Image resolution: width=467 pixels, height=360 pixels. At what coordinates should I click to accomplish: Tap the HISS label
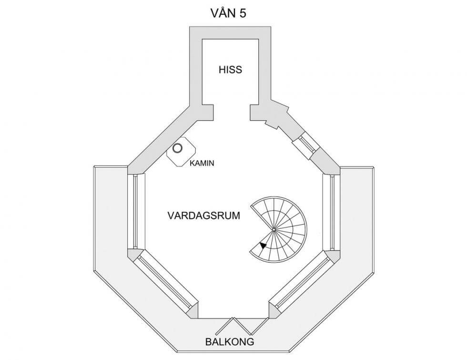[230, 70]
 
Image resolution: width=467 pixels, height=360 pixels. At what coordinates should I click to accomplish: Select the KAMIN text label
[202, 163]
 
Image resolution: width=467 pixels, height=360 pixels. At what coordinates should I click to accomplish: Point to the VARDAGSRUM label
[203, 216]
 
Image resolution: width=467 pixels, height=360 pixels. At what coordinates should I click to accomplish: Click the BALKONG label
[229, 342]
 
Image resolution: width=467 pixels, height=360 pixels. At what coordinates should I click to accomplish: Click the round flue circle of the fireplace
[178, 148]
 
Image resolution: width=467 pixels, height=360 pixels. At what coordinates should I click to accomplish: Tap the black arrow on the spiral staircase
[263, 245]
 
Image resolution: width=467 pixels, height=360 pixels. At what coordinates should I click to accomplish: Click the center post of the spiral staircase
[274, 230]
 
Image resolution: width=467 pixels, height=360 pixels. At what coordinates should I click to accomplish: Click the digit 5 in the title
[243, 13]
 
